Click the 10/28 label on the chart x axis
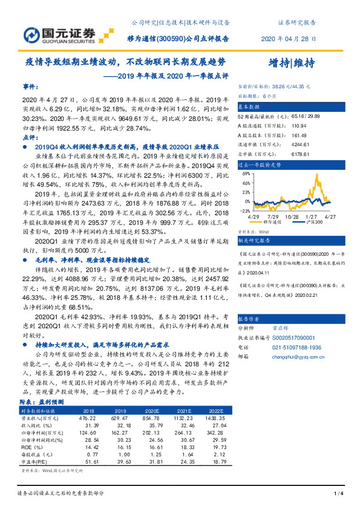pos(292,216)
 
